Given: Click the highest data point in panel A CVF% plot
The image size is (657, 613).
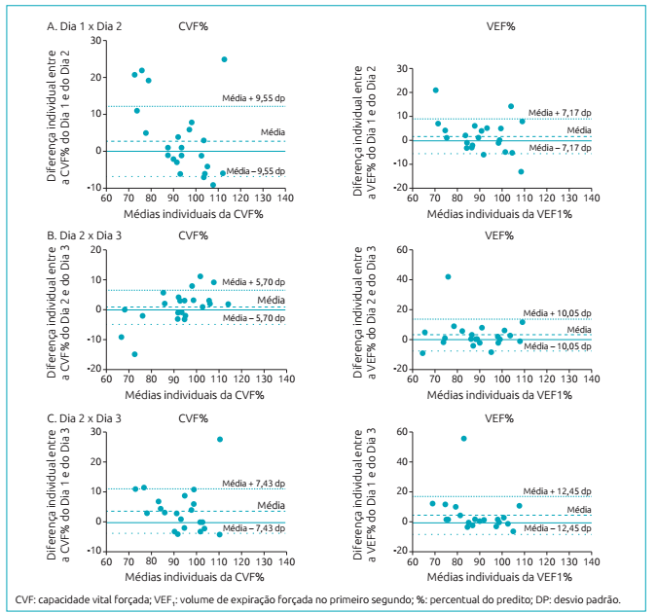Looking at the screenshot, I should point(224,59).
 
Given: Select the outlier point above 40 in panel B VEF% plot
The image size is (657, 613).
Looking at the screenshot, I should point(448,277).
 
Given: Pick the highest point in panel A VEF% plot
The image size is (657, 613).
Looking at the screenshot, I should point(435,90).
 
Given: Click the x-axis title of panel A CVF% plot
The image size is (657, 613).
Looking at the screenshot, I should point(195,211).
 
